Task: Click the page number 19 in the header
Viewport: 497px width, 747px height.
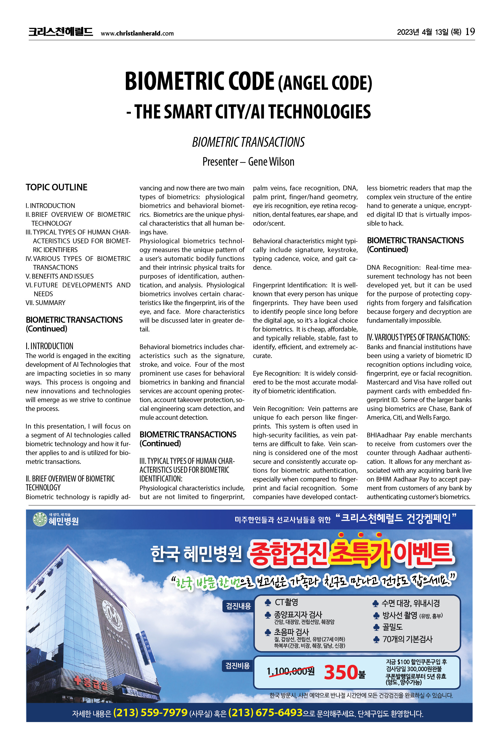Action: click(470, 32)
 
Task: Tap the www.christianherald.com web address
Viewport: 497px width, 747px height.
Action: click(137, 33)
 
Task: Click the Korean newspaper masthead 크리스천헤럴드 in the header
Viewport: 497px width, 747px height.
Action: click(61, 32)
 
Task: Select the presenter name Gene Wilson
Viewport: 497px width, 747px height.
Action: click(271, 162)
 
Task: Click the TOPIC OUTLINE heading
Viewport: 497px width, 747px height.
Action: click(56, 187)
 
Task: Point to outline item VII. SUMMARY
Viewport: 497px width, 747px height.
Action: click(46, 303)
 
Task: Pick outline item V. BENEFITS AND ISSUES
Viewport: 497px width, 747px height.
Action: click(60, 276)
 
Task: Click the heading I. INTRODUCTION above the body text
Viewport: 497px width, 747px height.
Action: click(49, 346)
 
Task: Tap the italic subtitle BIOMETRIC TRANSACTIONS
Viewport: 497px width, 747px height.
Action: click(248, 142)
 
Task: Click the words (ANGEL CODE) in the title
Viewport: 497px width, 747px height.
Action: click(325, 83)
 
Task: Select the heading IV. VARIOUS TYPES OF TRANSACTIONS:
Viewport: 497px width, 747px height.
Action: click(418, 337)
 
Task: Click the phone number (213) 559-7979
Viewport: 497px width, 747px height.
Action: click(150, 713)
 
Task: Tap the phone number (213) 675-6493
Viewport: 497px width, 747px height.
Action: click(265, 713)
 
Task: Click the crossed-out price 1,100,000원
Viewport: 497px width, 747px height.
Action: click(290, 671)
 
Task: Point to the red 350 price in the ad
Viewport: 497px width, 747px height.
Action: click(341, 672)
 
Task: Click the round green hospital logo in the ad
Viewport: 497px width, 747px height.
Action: click(40, 519)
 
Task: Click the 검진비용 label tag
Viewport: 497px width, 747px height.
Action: click(238, 666)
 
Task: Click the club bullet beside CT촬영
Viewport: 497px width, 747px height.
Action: click(268, 603)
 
